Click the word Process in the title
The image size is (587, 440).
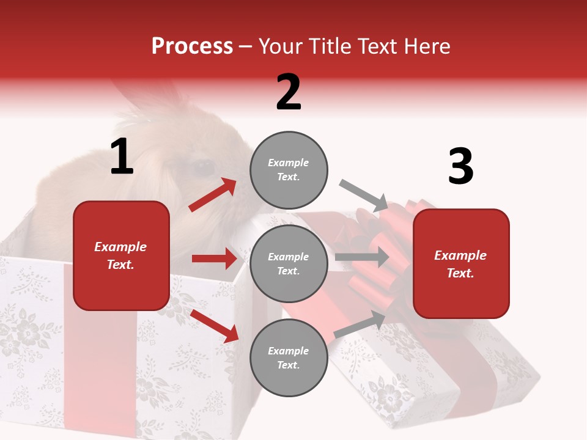tap(192, 46)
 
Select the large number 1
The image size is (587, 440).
tap(122, 158)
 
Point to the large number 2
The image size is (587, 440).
tap(289, 93)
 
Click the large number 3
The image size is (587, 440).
tap(460, 167)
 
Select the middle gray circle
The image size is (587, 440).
tap(289, 263)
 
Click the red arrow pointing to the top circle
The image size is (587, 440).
tap(213, 194)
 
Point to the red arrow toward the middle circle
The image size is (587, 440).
tap(214, 258)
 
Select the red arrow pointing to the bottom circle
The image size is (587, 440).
tap(215, 326)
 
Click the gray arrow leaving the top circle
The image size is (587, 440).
tap(364, 195)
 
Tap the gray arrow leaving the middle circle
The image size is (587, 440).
tap(362, 257)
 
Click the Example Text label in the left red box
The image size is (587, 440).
tap(121, 255)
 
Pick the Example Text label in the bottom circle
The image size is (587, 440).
tap(289, 358)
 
